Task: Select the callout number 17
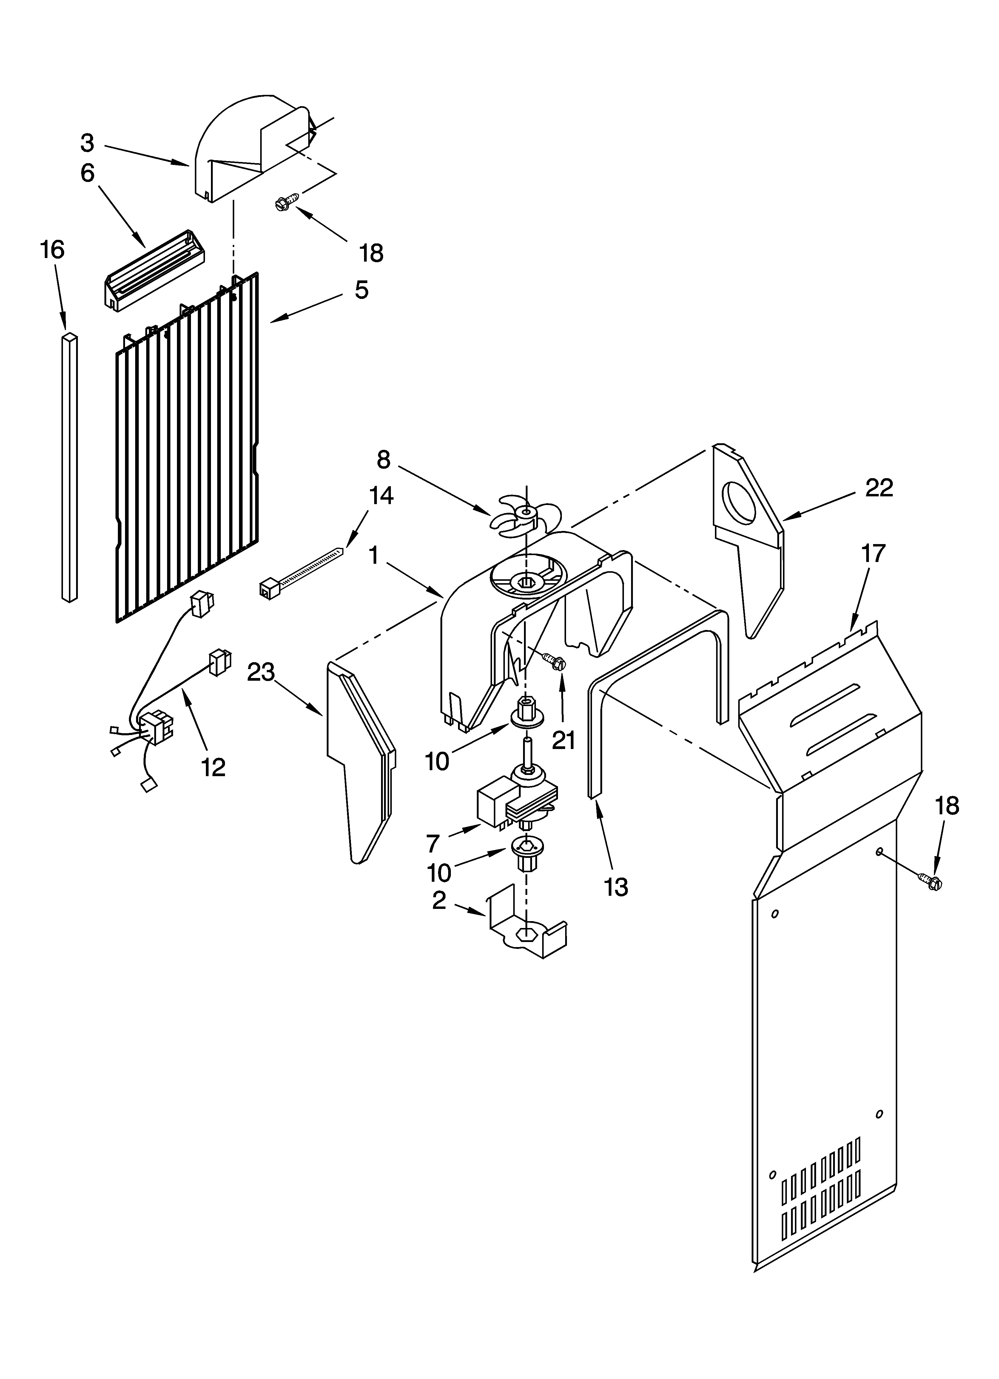tap(873, 554)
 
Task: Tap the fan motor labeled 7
tap(517, 802)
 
